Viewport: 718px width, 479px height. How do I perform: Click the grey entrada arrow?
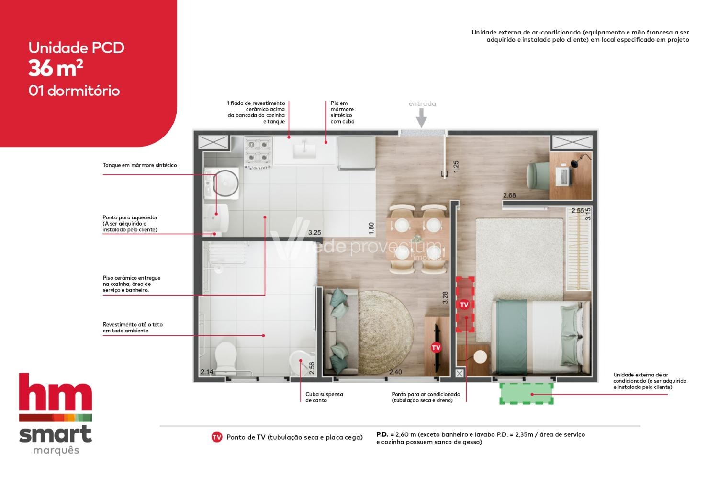(x=422, y=118)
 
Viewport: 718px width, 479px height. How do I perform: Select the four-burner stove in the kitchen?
(x=258, y=152)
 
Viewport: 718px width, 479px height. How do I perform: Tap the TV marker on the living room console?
(x=436, y=348)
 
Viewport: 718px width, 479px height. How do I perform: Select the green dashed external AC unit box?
(x=527, y=394)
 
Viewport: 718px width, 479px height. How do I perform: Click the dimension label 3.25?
(x=314, y=233)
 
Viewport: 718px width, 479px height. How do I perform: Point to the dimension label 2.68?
(x=509, y=195)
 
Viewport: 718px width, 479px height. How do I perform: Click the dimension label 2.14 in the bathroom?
(x=207, y=372)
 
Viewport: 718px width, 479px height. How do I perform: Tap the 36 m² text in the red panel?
(x=56, y=68)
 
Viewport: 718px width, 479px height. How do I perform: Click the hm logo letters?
(x=56, y=392)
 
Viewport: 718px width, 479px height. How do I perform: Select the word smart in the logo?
(x=56, y=434)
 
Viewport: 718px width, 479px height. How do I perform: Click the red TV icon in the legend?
(x=217, y=437)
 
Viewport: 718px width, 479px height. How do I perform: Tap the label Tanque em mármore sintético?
(x=140, y=165)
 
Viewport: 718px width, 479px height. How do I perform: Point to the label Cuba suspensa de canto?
(x=324, y=397)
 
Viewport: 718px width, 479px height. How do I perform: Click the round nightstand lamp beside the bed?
(x=480, y=357)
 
